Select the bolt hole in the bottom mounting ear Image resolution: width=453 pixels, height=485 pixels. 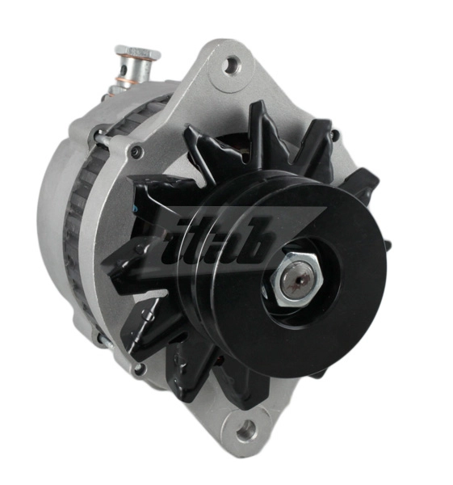click(x=245, y=428)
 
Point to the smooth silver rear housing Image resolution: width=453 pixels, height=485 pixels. click(x=52, y=210)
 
